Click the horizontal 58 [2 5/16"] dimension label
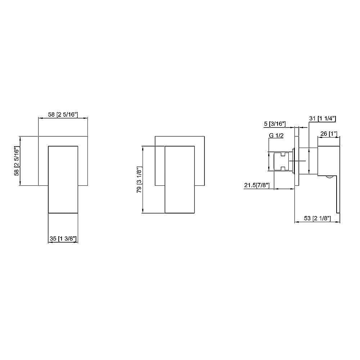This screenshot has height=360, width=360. pyautogui.click(x=63, y=114)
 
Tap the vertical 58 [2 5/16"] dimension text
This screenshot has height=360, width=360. pyautogui.click(x=16, y=161)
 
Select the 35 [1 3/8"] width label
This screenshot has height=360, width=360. pyautogui.click(x=63, y=238)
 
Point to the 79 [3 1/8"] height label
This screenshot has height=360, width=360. pyautogui.click(x=139, y=179)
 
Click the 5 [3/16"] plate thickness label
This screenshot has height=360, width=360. pyautogui.click(x=275, y=124)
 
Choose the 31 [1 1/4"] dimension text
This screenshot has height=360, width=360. pyautogui.click(x=323, y=118)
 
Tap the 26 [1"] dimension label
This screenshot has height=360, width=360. pyautogui.click(x=328, y=134)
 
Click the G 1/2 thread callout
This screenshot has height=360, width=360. pyautogui.click(x=277, y=135)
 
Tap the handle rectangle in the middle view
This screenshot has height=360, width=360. pyautogui.click(x=180, y=179)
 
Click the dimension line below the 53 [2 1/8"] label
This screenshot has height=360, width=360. pyautogui.click(x=317, y=222)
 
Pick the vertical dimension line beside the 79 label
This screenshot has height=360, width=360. pyautogui.click(x=144, y=179)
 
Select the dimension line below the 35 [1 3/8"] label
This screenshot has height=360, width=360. pyautogui.click(x=63, y=242)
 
